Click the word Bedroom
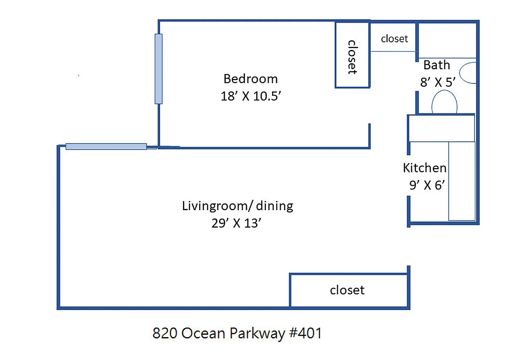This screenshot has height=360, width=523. [x=250, y=79]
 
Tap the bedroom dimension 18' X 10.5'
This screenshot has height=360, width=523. [x=254, y=96]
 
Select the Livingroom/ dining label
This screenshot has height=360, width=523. [x=237, y=206]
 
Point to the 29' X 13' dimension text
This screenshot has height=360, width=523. [x=237, y=223]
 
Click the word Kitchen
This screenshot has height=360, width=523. [x=425, y=168]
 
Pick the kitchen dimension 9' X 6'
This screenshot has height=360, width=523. [x=427, y=185]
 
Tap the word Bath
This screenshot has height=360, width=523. [x=436, y=65]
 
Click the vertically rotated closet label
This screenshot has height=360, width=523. [x=353, y=57]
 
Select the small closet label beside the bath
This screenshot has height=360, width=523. [x=394, y=39]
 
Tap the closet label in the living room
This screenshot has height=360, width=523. [x=347, y=290]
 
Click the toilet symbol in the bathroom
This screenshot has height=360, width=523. [x=444, y=103]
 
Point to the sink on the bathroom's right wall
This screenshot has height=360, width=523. [x=469, y=73]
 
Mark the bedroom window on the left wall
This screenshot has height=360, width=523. [x=158, y=69]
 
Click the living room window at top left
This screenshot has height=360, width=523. [x=106, y=146]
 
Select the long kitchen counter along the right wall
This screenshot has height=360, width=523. [x=462, y=181]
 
